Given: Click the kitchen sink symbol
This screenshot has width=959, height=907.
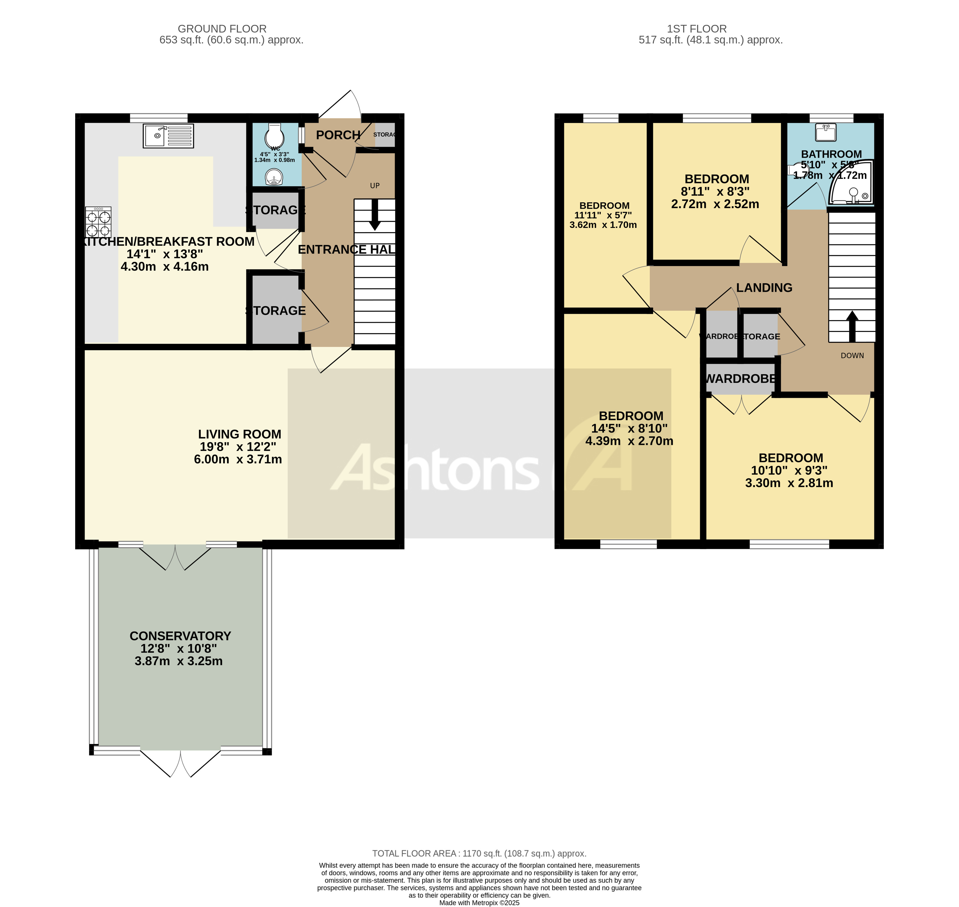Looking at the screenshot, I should (x=168, y=136).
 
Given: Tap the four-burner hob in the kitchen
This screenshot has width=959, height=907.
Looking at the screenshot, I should (x=98, y=222).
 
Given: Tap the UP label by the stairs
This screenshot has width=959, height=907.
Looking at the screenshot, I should (x=375, y=186).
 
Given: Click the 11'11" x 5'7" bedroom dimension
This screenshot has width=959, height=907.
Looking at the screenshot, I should (x=603, y=215).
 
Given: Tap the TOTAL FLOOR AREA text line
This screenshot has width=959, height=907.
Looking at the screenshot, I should (x=479, y=853).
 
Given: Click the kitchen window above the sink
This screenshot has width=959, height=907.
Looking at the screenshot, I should (x=158, y=117).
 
